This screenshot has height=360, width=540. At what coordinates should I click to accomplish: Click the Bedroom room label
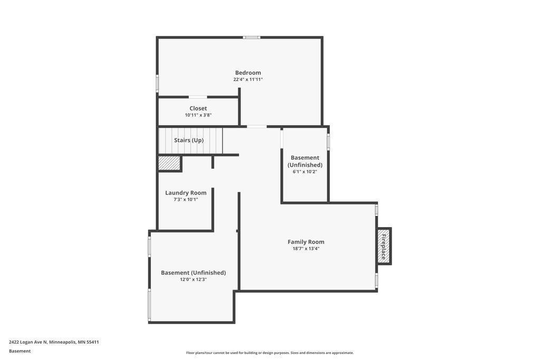click(x=248, y=73)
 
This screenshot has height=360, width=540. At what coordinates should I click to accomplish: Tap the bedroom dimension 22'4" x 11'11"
click(x=248, y=80)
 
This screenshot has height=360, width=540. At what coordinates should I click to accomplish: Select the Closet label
click(x=198, y=109)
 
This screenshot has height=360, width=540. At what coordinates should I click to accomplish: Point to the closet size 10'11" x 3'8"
click(x=198, y=115)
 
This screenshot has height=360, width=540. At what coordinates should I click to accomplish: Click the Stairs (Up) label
click(x=189, y=140)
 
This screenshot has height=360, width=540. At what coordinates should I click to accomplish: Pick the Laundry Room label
click(x=186, y=193)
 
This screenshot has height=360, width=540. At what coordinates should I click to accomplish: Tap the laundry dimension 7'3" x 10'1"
click(x=186, y=200)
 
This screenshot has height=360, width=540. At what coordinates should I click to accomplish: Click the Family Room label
click(x=306, y=242)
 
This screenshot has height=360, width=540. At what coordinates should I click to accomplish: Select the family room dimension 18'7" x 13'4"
click(x=306, y=249)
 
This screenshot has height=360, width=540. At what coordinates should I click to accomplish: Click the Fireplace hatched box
click(x=384, y=247)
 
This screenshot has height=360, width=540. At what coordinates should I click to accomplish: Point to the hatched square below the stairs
click(x=169, y=163)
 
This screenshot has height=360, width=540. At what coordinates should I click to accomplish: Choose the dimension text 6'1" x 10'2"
click(x=305, y=172)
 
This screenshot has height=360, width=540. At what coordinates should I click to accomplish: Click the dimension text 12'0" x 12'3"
click(x=193, y=279)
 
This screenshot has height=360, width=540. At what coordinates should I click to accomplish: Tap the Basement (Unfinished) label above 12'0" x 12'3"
click(x=193, y=273)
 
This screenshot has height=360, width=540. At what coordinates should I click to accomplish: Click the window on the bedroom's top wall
click(x=252, y=37)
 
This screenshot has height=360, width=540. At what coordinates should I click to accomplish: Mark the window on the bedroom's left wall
click(x=157, y=83)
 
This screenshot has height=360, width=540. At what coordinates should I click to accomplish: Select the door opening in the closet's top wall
click(x=198, y=97)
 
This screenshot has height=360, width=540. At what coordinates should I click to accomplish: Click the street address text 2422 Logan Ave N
click(x=28, y=342)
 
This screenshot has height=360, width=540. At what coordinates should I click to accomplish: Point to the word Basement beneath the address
click(x=20, y=351)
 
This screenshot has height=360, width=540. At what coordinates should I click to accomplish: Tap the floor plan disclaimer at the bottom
click(x=269, y=353)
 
